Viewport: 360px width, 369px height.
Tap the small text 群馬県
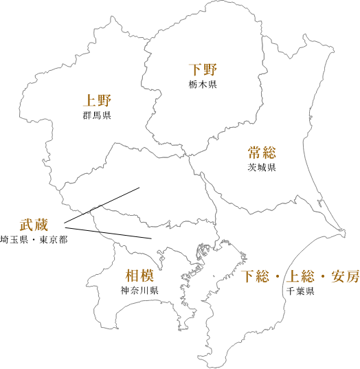tap(96, 115)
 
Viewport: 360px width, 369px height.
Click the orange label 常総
tap(262, 153)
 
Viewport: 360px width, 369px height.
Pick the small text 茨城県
tap(262, 168)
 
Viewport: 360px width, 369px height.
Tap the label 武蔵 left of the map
tap(34, 225)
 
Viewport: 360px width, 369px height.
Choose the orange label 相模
tap(139, 276)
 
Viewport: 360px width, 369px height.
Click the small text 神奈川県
tap(139, 291)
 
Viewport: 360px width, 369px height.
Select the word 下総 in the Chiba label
tap(256, 277)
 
